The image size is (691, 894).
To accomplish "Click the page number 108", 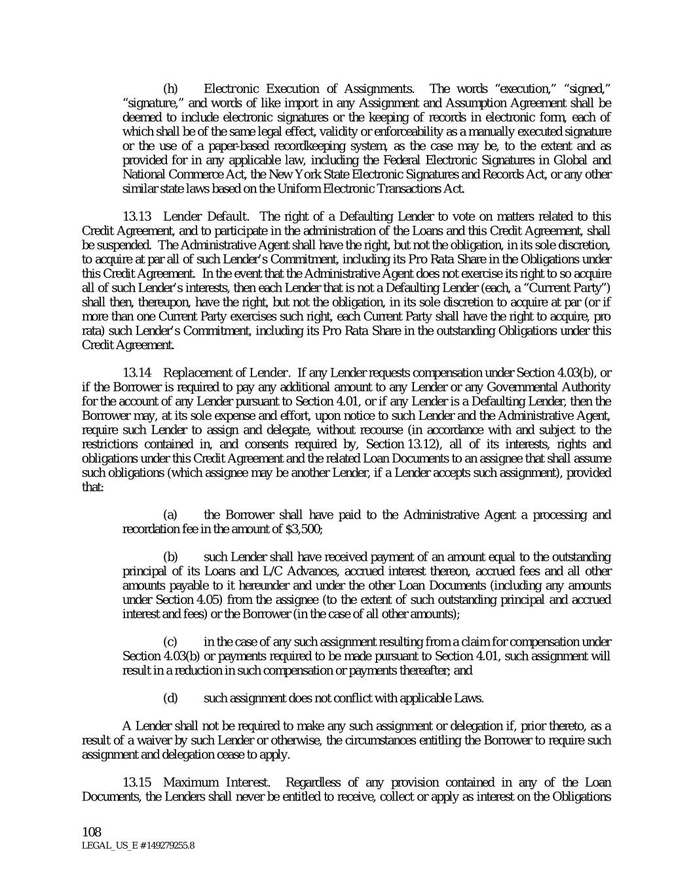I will pos(91,832).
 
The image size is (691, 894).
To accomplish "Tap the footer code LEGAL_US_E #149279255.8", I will pos(138,846).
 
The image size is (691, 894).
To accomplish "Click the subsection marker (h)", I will pos(170,88).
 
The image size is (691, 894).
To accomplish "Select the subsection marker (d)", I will pos(170,698).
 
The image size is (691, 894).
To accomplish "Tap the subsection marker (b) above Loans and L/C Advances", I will pos(170,557).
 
